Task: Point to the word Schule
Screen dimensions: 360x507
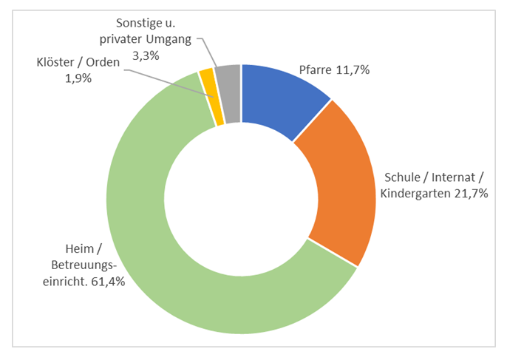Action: (x=402, y=178)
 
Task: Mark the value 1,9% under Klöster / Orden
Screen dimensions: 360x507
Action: (x=78, y=78)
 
